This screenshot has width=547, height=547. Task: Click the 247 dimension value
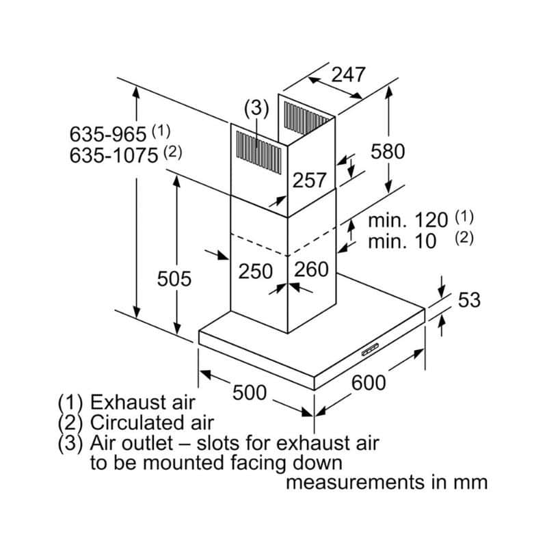[x=349, y=74]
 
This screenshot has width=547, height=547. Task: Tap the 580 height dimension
[x=388, y=152]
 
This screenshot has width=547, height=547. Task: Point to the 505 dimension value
[x=174, y=278]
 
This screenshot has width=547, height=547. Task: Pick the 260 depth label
[x=311, y=269]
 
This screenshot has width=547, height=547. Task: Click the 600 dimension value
[x=369, y=383]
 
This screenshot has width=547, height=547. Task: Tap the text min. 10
[x=402, y=241]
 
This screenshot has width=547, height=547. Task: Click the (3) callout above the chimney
[x=256, y=108]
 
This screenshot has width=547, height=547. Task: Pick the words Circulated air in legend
[x=152, y=422]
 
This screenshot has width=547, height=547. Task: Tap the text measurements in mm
[x=386, y=483]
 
